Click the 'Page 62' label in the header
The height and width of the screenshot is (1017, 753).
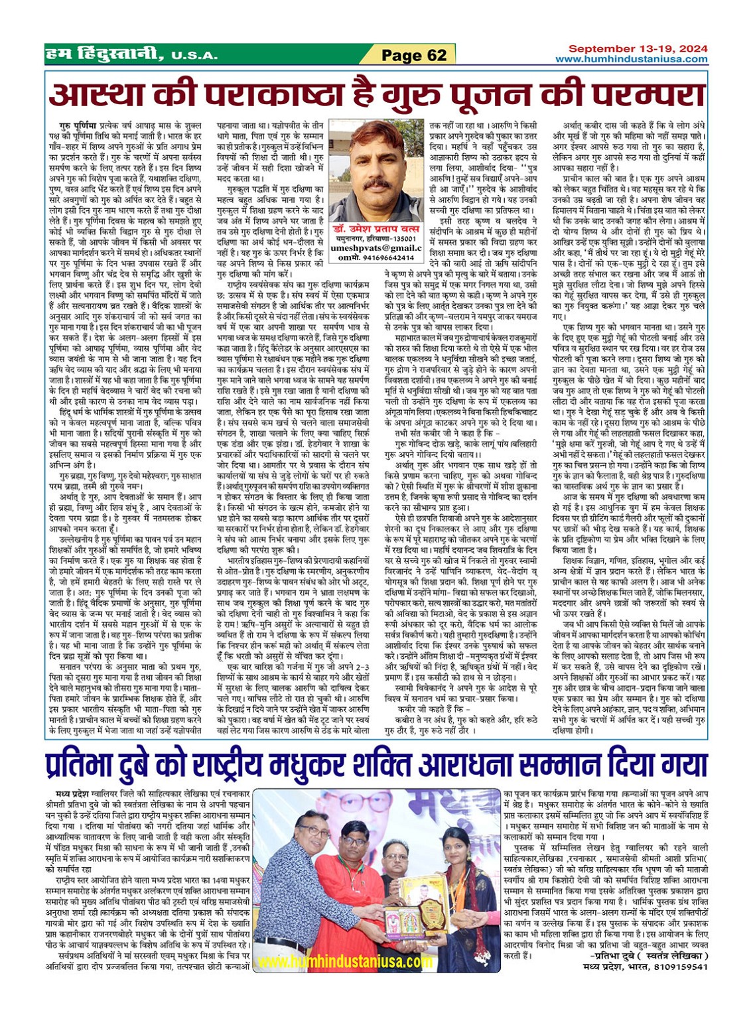[414, 55]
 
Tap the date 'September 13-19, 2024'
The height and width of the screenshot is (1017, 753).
[638, 49]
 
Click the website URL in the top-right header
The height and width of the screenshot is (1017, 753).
[631, 60]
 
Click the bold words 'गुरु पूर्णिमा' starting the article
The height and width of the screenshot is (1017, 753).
[74, 124]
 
